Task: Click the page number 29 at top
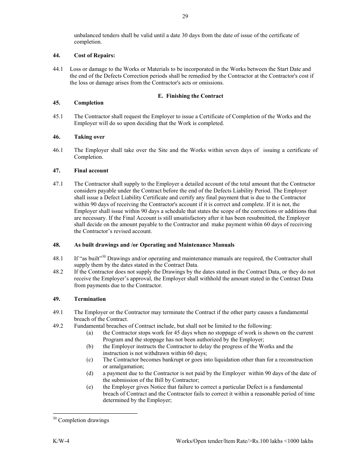(x=185, y=16)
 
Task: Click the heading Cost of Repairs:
(x=94, y=55)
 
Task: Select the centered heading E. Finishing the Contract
(x=190, y=96)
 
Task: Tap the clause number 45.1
(x=58, y=116)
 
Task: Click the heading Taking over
(x=89, y=137)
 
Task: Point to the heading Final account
(x=91, y=170)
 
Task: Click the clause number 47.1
(x=58, y=184)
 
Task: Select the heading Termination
(x=90, y=299)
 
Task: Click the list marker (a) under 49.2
(x=90, y=333)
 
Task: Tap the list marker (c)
(x=90, y=360)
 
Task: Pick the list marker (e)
(x=90, y=387)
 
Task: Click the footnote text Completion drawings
(x=83, y=420)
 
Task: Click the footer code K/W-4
(x=61, y=441)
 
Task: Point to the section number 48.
(x=56, y=245)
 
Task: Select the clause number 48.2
(x=58, y=272)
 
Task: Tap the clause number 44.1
(x=58, y=69)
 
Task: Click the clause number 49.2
(x=58, y=326)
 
